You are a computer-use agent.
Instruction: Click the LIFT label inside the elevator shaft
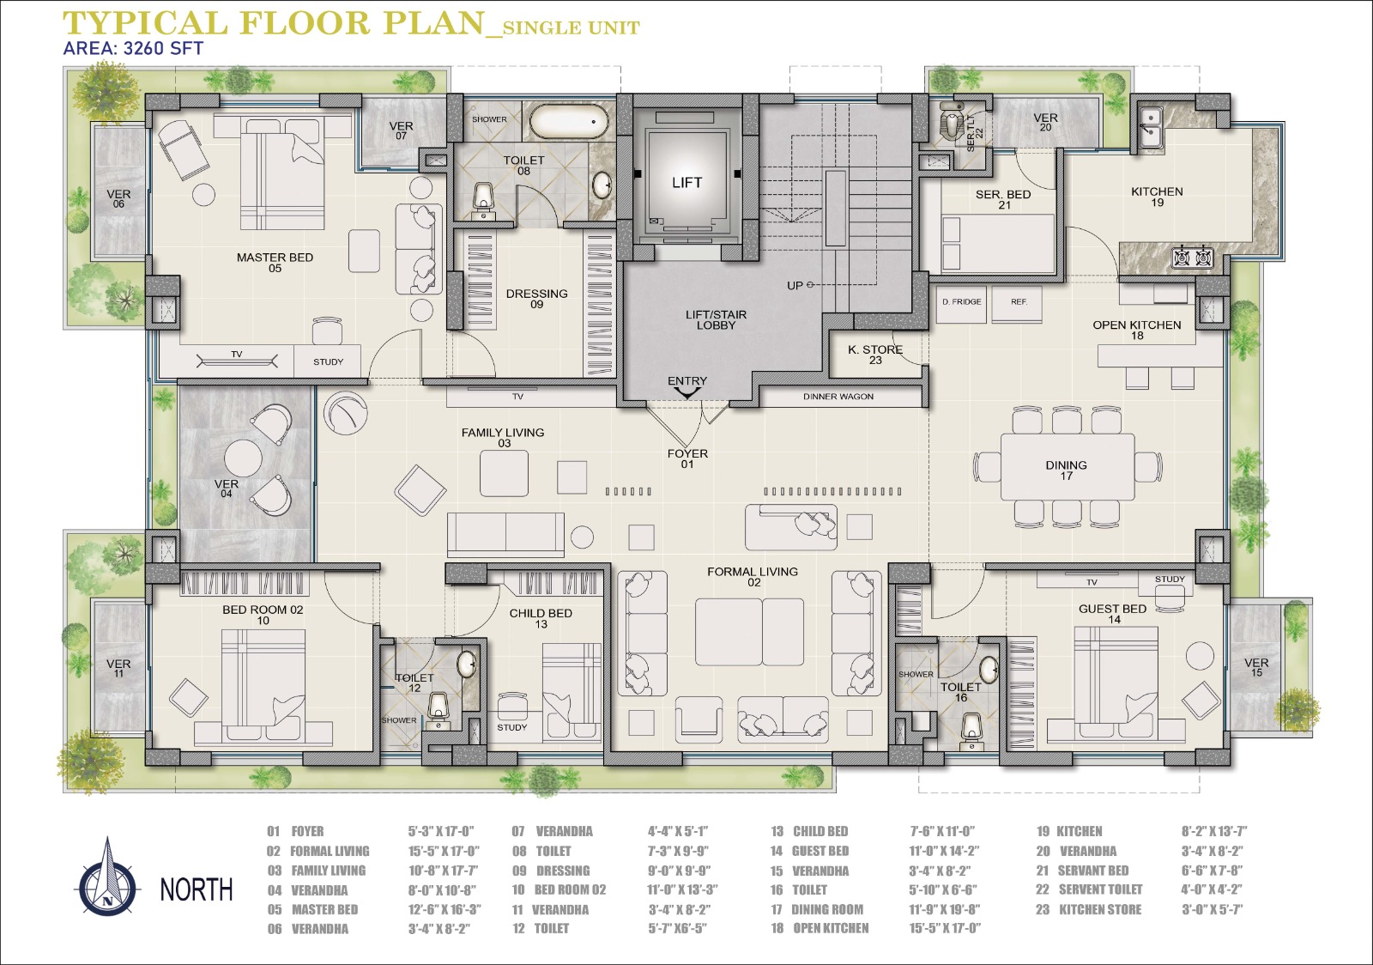tap(686, 182)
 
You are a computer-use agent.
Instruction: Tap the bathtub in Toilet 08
tap(568, 122)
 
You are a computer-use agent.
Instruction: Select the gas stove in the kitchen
tap(1192, 257)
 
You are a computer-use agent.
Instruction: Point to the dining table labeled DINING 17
tap(1068, 467)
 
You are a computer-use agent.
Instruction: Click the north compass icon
tap(108, 878)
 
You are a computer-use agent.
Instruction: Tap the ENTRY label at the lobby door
tap(687, 380)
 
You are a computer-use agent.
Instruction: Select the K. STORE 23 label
tap(875, 355)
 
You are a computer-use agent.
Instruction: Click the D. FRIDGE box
tap(961, 304)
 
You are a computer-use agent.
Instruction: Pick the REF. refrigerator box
tap(1017, 304)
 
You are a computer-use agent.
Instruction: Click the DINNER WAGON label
tap(838, 397)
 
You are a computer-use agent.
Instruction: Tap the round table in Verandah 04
tap(244, 458)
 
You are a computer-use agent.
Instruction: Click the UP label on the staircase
tap(795, 286)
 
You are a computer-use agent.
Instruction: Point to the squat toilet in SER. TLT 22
tap(952, 125)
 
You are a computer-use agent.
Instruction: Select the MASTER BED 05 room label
tap(275, 263)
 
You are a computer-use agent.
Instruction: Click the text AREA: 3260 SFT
tap(133, 48)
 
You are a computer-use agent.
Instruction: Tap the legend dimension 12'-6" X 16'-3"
tap(445, 909)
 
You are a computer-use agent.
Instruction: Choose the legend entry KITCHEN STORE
tap(1100, 909)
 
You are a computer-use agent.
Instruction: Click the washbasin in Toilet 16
tap(988, 669)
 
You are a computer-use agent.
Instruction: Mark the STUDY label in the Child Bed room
tap(511, 727)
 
